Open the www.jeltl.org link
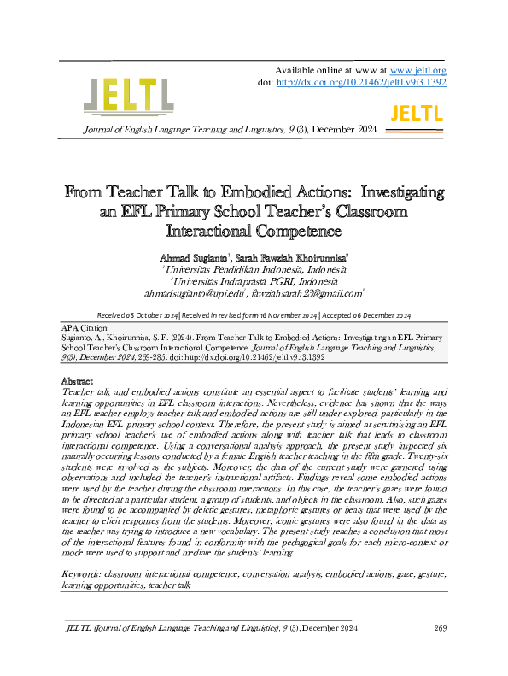[x=418, y=70]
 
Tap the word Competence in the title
[x=287, y=231]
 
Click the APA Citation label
[x=86, y=328]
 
